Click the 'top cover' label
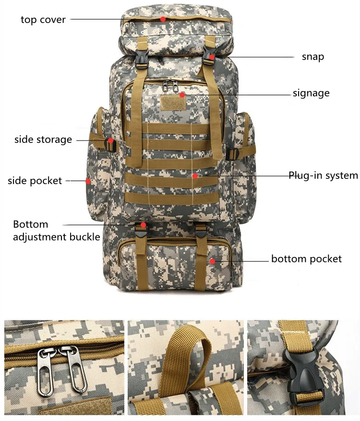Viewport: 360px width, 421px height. (43, 20)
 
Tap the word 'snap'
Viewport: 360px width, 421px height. (312, 57)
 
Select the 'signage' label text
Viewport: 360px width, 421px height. (311, 93)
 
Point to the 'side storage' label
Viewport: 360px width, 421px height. (43, 140)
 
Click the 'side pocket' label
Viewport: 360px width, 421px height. (35, 181)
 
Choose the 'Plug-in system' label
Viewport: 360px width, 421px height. (323, 175)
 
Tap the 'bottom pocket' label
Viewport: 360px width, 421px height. (306, 259)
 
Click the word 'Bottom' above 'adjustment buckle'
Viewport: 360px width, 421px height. (31, 224)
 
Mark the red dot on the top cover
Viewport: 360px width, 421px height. (163, 19)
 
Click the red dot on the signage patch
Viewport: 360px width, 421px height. (182, 95)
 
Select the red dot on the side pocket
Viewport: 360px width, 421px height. (88, 181)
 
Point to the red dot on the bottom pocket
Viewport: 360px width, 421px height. (213, 261)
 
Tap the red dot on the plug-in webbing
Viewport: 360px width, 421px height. (195, 176)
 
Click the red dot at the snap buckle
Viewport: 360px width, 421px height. (212, 57)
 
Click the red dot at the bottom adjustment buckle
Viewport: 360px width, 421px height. (143, 224)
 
